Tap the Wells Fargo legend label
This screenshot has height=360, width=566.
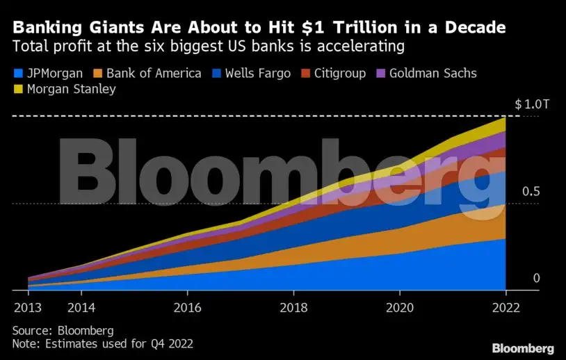point(259,73)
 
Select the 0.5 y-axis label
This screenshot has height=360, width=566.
point(531,191)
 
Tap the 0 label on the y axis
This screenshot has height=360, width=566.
point(536,278)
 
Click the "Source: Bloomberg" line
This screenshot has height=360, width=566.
point(63,330)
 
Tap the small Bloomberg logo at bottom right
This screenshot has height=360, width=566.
point(523,347)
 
